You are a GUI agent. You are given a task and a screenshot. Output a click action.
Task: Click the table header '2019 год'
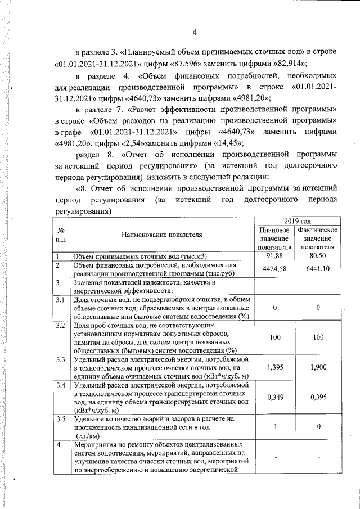tap(296, 222)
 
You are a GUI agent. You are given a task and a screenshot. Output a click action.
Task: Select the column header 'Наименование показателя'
tap(162, 237)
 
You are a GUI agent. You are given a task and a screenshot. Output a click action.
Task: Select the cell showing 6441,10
tap(318, 269)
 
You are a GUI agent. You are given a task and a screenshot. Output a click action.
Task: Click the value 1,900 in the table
tap(318, 367)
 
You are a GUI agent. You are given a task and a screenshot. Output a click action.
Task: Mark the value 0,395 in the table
tap(318, 398)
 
